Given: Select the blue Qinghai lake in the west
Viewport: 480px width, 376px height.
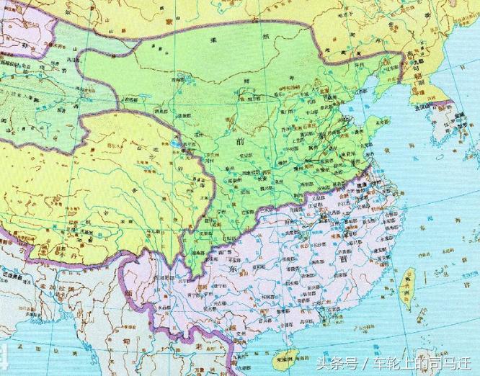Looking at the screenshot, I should coord(175,148).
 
